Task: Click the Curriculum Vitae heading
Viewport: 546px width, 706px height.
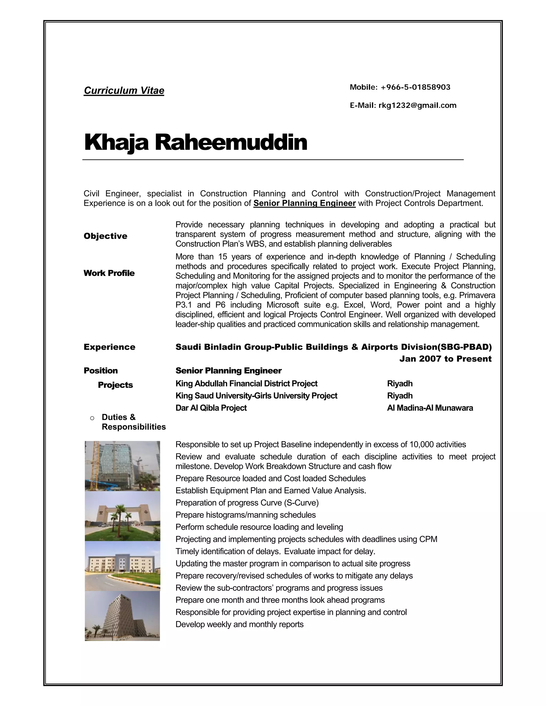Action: (124, 91)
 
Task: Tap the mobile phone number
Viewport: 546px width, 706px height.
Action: (415, 87)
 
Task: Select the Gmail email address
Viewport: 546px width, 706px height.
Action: (417, 106)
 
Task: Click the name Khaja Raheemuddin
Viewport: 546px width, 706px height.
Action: (195, 142)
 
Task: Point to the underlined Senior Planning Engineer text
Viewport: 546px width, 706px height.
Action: (304, 203)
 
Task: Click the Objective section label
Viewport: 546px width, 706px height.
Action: (106, 236)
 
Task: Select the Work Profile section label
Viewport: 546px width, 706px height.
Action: (109, 273)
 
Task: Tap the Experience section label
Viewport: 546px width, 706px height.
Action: (109, 347)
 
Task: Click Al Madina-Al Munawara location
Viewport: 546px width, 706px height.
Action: (429, 408)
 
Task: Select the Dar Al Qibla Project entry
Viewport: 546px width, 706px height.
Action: (211, 408)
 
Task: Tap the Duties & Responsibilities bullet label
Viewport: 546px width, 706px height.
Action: (133, 422)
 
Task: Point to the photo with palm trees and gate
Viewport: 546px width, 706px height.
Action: (122, 516)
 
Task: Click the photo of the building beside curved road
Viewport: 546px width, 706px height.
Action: (122, 566)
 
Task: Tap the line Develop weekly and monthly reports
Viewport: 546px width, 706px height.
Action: (239, 624)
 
